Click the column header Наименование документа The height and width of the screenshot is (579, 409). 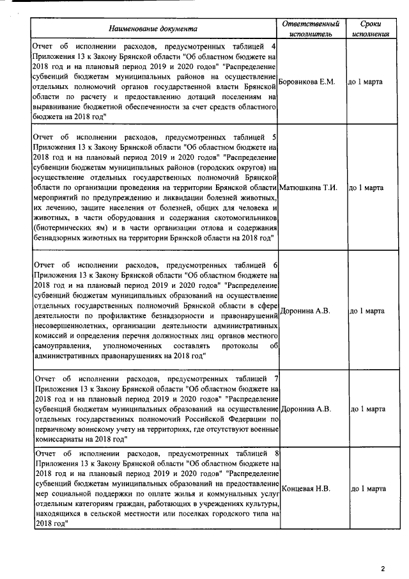click(x=153, y=29)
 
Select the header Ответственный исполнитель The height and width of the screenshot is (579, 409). click(x=311, y=28)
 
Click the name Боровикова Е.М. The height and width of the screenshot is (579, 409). click(x=307, y=83)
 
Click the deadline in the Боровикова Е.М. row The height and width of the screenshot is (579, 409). click(x=365, y=83)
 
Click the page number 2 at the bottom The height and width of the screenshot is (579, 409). click(x=383, y=568)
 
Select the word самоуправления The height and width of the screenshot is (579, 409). click(x=63, y=345)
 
